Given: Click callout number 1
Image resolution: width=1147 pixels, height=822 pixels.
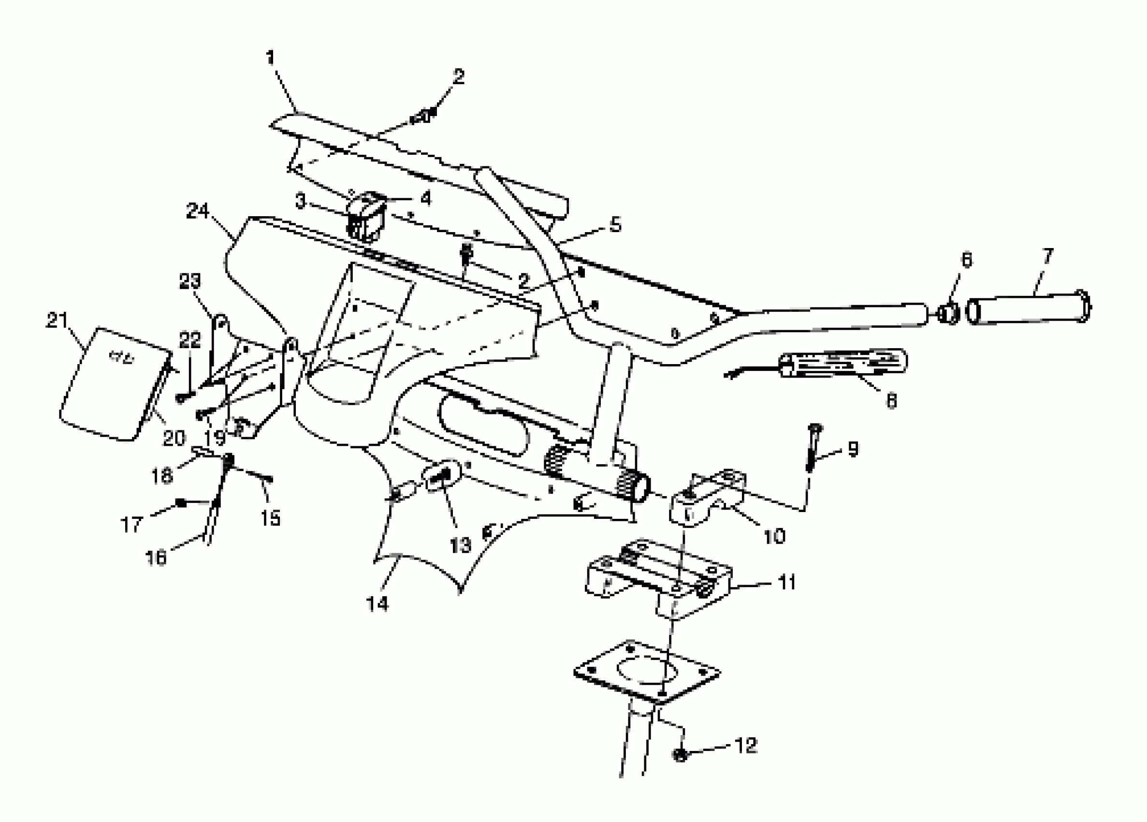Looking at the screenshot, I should [x=271, y=57].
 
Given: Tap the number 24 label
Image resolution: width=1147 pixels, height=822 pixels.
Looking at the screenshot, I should [x=197, y=211].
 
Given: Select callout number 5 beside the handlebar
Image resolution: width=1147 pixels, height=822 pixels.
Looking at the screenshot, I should [x=614, y=224].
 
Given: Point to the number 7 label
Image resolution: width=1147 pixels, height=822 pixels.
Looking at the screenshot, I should [x=1047, y=256].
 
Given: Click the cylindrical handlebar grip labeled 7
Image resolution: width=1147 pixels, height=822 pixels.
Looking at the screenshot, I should [x=1027, y=308].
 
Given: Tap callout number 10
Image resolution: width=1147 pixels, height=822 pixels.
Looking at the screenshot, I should [x=774, y=536].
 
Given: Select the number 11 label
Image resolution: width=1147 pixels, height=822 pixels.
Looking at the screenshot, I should [x=786, y=582].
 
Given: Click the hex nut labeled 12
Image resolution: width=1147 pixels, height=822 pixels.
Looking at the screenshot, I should [x=680, y=755].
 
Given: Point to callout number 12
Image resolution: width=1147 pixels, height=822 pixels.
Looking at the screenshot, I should [x=746, y=745].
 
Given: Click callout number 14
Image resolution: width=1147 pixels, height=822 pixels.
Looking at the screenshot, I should [x=377, y=603].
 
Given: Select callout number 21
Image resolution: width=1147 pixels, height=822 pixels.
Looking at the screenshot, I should [x=57, y=320].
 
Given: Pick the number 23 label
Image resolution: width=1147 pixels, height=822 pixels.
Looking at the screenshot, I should [x=189, y=281].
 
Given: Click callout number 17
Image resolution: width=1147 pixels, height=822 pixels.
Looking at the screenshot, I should [x=131, y=525].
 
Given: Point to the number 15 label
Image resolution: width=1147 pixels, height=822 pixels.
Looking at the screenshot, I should [x=271, y=518].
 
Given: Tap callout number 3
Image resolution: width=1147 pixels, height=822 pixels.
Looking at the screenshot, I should [x=301, y=201].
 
